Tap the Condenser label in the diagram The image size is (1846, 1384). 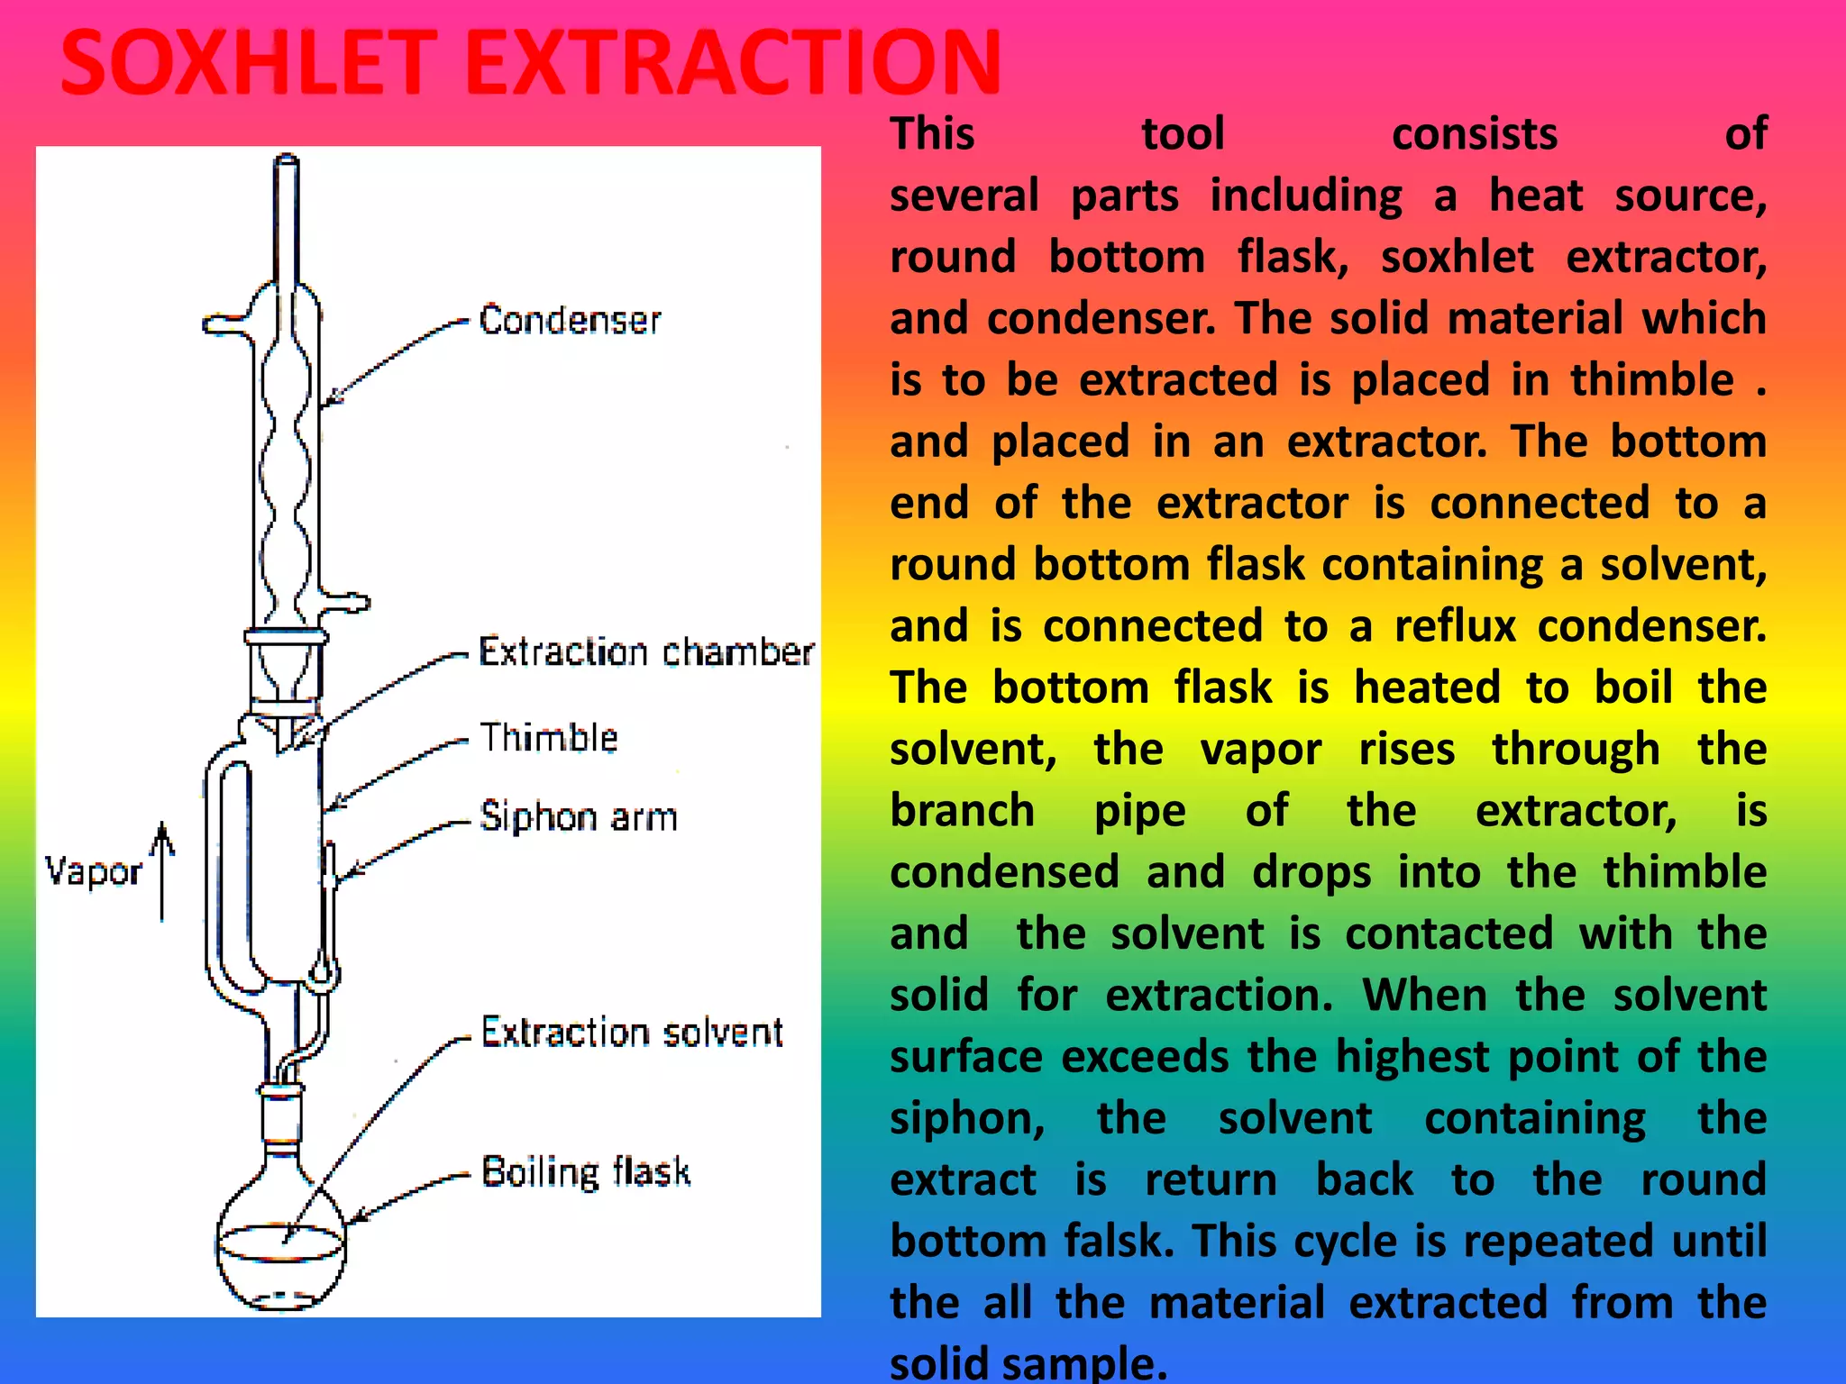pos(570,321)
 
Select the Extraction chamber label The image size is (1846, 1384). pos(645,652)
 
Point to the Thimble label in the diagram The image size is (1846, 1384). pos(548,738)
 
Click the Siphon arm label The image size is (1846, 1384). pos(578,817)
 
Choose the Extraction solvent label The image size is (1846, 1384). pos(632,1033)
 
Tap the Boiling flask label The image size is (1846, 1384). pos(586,1172)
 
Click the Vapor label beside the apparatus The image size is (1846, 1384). pos(93,872)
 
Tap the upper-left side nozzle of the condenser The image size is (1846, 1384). pos(222,323)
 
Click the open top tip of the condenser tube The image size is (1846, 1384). pos(286,162)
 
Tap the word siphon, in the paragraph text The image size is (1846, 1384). pos(967,1119)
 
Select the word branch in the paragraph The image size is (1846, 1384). pos(962,811)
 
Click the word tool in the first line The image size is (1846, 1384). pos(1183,134)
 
